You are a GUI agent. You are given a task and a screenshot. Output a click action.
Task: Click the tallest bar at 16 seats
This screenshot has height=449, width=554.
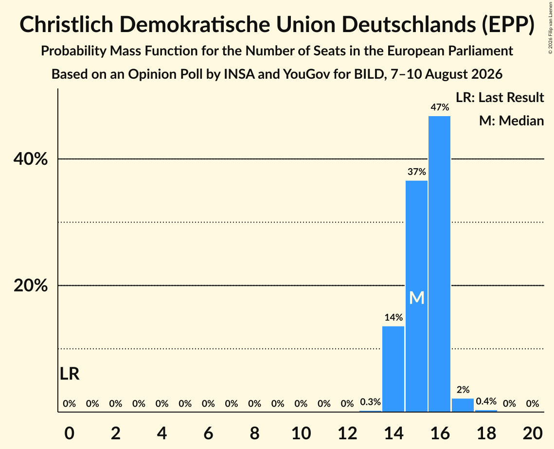tap(440, 264)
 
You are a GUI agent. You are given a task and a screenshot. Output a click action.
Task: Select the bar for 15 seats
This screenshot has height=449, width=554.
tap(416, 296)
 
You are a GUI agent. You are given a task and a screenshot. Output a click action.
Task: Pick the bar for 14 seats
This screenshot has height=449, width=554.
tap(393, 369)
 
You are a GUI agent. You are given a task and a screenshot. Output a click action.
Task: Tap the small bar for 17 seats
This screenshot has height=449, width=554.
tap(463, 405)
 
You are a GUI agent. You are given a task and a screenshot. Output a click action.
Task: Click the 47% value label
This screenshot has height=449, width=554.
tap(440, 107)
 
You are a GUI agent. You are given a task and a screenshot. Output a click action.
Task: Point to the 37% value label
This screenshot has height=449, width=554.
tap(417, 172)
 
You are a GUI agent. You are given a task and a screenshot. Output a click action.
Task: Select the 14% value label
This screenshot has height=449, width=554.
tap(393, 317)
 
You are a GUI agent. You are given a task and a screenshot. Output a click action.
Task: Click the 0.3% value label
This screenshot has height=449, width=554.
tap(370, 402)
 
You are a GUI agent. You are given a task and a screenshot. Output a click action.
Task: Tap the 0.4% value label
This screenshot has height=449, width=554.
tap(486, 401)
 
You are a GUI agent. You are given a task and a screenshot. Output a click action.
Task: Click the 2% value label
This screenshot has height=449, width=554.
tap(463, 389)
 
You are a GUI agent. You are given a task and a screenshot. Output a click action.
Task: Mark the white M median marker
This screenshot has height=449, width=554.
tap(417, 298)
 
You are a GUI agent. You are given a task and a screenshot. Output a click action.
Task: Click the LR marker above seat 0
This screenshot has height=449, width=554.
tap(70, 374)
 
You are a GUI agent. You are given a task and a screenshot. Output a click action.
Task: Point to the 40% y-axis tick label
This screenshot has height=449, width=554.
tap(30, 159)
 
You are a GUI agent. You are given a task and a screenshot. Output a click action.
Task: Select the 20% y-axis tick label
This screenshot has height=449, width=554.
tap(30, 286)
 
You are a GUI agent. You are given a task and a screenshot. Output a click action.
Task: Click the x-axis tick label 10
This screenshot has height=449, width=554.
tap(301, 433)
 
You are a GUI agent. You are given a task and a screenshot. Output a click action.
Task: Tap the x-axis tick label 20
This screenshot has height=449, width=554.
tap(533, 433)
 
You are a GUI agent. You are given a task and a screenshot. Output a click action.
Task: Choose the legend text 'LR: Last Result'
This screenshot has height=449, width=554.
tap(500, 97)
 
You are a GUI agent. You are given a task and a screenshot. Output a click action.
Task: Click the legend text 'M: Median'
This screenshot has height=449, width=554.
tap(512, 121)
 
